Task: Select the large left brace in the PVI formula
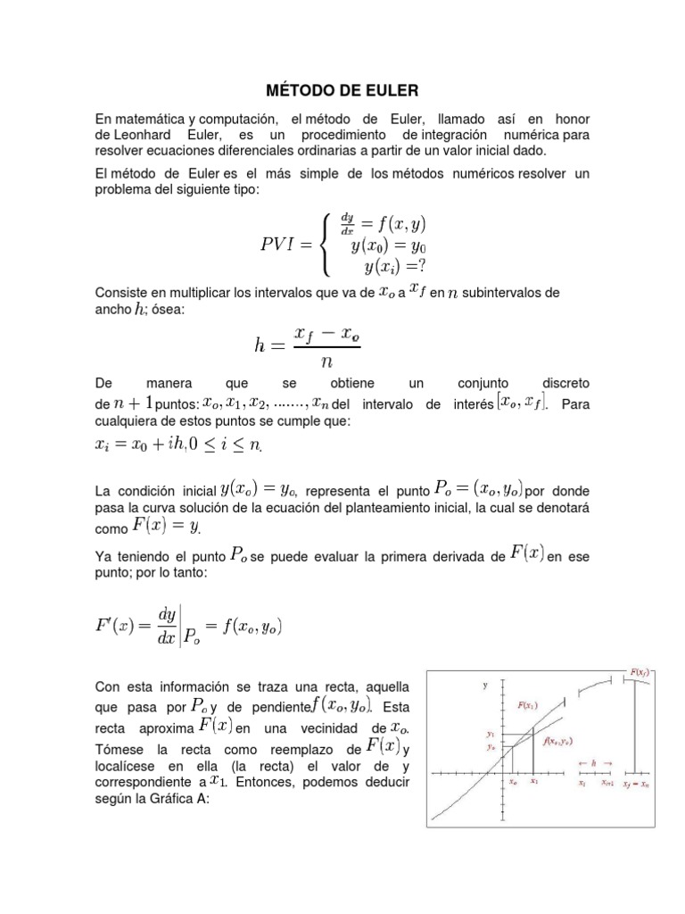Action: point(326,243)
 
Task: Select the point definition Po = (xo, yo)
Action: point(478,487)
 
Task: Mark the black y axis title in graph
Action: point(485,685)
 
